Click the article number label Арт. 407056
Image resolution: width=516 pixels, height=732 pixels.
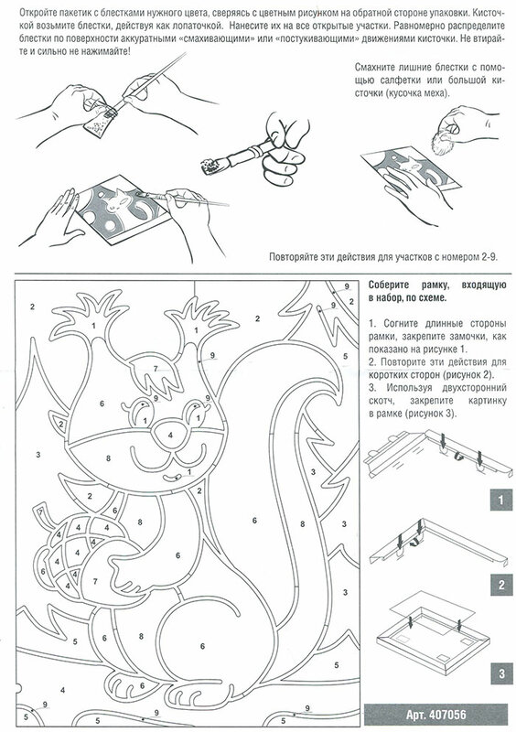435,715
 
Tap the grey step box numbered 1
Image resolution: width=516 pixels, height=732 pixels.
501,500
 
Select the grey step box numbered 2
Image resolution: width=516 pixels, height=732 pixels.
501,585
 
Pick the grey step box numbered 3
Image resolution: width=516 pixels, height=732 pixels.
501,673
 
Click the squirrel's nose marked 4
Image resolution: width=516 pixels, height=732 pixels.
170,435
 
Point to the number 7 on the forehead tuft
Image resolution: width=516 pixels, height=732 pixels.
156,370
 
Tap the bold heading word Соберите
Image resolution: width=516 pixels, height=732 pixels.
389,285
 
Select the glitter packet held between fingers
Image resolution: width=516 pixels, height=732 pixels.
98,123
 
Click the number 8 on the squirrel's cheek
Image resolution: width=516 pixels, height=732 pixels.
108,458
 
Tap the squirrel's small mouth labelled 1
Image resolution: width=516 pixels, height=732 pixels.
174,478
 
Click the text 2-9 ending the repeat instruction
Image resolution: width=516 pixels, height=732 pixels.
489,257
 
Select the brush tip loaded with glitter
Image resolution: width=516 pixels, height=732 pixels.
208,165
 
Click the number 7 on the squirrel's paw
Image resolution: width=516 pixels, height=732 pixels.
95,582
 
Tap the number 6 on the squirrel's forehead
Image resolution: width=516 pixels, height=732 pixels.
102,404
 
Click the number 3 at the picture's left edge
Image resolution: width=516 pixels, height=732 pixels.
38,454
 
